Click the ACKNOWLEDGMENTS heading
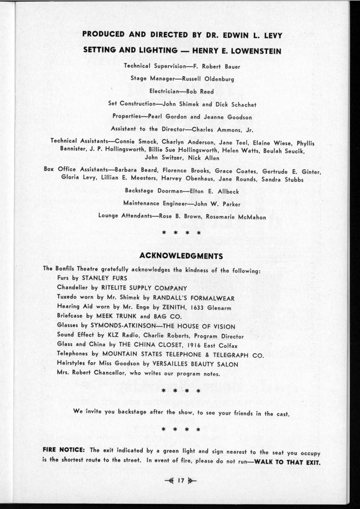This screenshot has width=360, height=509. [x=181, y=256]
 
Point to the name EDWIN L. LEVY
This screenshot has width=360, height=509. [x=249, y=35]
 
